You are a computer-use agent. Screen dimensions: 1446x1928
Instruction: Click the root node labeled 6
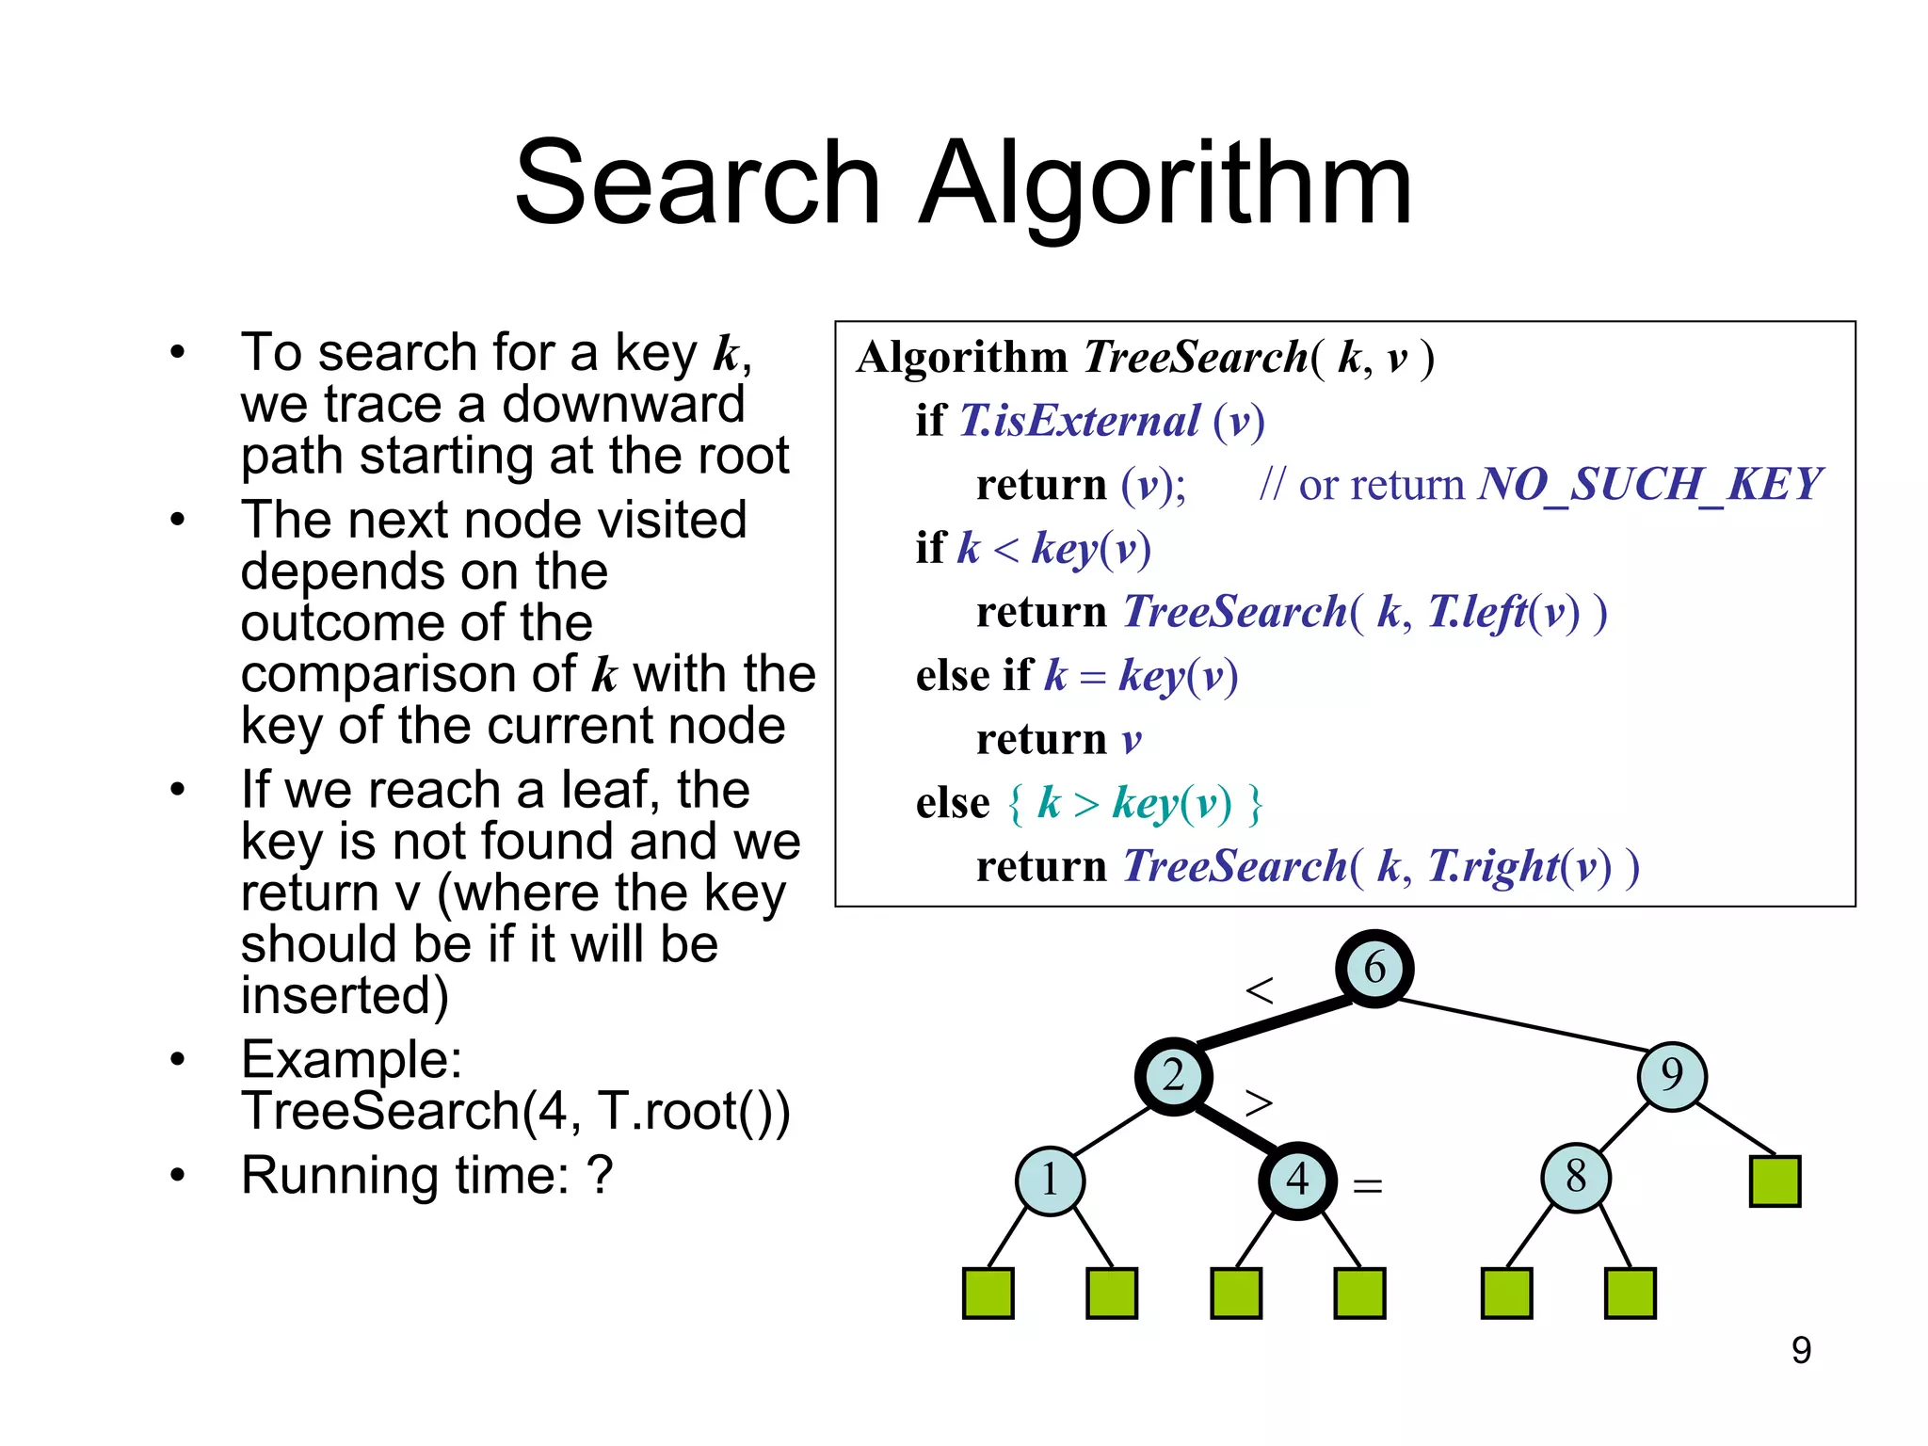(1374, 968)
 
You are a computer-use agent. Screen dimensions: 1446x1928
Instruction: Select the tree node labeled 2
(1173, 1076)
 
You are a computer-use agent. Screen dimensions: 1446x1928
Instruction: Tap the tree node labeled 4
(1297, 1181)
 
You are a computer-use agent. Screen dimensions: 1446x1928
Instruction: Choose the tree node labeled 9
(1672, 1075)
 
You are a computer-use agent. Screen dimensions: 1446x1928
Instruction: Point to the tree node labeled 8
(1576, 1177)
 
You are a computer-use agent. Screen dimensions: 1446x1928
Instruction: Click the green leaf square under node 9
(1775, 1181)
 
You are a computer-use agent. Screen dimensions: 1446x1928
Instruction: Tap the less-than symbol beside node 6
(1259, 990)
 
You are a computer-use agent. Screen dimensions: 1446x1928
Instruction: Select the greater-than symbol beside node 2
(1259, 1102)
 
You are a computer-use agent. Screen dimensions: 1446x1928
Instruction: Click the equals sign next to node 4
(1367, 1186)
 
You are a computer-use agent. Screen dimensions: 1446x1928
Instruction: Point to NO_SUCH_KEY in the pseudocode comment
(1650, 485)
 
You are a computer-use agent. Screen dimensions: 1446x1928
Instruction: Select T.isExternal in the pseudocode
(1080, 421)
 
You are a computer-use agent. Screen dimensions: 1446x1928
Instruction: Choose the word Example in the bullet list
(350, 1059)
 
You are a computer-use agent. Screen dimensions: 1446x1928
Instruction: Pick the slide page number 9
(1800, 1350)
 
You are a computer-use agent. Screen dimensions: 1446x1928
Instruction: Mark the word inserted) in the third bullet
(345, 995)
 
